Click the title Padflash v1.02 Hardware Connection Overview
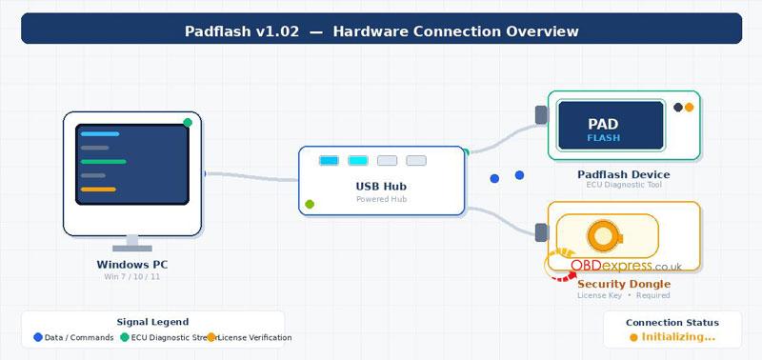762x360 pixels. point(381,31)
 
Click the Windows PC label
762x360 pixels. point(132,264)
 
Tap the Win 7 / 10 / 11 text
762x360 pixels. point(132,276)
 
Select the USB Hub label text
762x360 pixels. point(381,187)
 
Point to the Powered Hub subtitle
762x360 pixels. point(381,199)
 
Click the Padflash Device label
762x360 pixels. point(623,174)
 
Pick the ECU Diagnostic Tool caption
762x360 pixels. point(623,185)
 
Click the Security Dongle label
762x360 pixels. point(624,284)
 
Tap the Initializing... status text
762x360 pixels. point(678,336)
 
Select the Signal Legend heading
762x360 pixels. point(152,322)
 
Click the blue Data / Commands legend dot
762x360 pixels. point(38,337)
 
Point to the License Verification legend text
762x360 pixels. point(254,337)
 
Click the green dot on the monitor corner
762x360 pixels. point(188,122)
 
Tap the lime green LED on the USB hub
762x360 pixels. point(310,204)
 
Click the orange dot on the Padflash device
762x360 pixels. point(689,108)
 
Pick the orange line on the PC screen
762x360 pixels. point(98,190)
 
